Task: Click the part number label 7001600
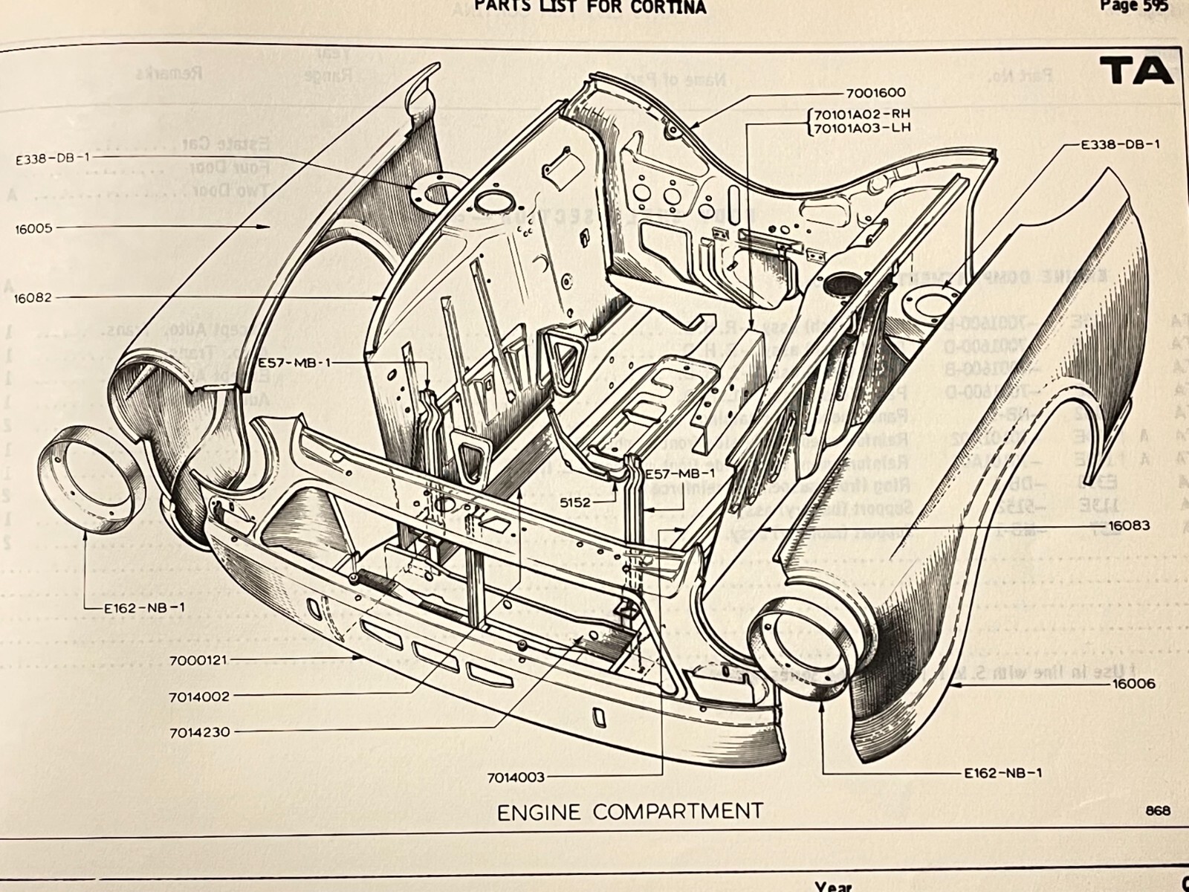tap(875, 93)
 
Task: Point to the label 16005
tap(33, 229)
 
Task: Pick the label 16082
tap(33, 299)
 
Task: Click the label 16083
tap(1129, 526)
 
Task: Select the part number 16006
tap(1133, 683)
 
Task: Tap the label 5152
tap(576, 502)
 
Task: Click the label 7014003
tap(516, 778)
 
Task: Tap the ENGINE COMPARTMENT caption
tap(629, 812)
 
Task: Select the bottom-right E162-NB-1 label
tap(1002, 773)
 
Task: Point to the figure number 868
tap(1158, 809)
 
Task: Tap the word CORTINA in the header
tap(673, 7)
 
